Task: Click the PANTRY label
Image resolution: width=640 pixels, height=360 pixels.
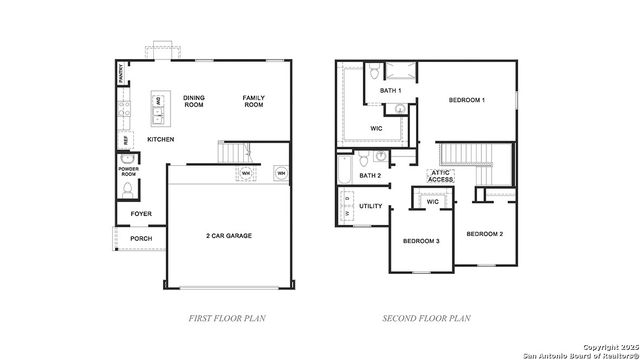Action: [121, 72]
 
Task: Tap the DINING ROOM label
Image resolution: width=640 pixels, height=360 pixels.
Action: [193, 101]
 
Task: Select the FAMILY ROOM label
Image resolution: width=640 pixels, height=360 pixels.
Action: [254, 101]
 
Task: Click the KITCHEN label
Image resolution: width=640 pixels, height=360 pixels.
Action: [161, 139]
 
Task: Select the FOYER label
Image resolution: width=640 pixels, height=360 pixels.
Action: [141, 213]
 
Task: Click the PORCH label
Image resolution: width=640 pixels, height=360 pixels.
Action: [141, 239]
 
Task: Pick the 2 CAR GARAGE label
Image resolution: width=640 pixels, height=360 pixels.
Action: [228, 236]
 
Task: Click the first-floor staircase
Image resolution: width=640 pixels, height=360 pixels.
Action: [233, 153]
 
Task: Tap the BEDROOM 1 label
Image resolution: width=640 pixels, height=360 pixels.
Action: [467, 100]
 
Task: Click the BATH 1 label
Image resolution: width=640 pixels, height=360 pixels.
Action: [390, 91]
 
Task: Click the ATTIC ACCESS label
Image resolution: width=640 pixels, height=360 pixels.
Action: [441, 175]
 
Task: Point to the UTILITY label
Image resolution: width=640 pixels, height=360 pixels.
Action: [371, 206]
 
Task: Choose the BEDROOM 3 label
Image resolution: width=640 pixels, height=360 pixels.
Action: [421, 241]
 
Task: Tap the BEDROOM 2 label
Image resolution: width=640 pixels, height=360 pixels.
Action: [484, 233]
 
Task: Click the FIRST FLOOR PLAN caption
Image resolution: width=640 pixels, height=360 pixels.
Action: [226, 318]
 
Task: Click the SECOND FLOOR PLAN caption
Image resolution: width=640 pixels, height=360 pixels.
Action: [426, 318]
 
